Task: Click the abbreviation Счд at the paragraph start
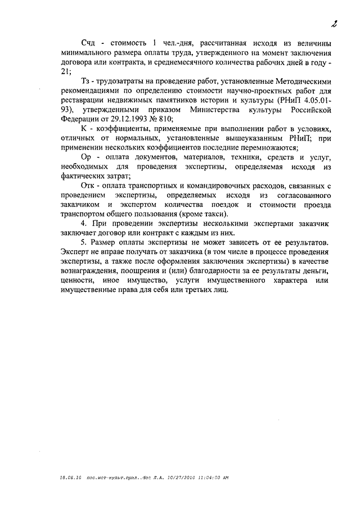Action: coord(89,43)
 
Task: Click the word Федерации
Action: coord(81,118)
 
